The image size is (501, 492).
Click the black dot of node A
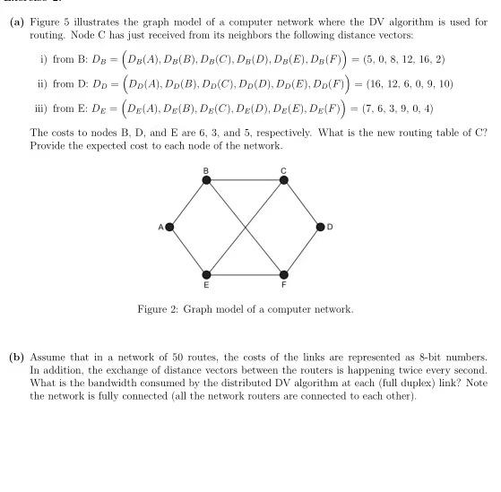tap(169, 227)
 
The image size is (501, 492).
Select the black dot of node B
tap(207, 180)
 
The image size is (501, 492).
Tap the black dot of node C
tap(284, 180)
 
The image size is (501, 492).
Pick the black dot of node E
tap(207, 273)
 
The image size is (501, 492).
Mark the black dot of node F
tap(284, 273)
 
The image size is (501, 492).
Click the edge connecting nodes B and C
tap(246, 180)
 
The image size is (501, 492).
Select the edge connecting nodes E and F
tap(246, 273)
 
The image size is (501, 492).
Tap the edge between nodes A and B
tap(188, 203)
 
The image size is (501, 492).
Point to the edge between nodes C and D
tap(303, 203)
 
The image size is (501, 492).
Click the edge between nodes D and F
tap(303, 250)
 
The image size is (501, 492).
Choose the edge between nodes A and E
tap(188, 250)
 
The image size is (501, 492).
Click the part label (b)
tap(16, 357)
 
